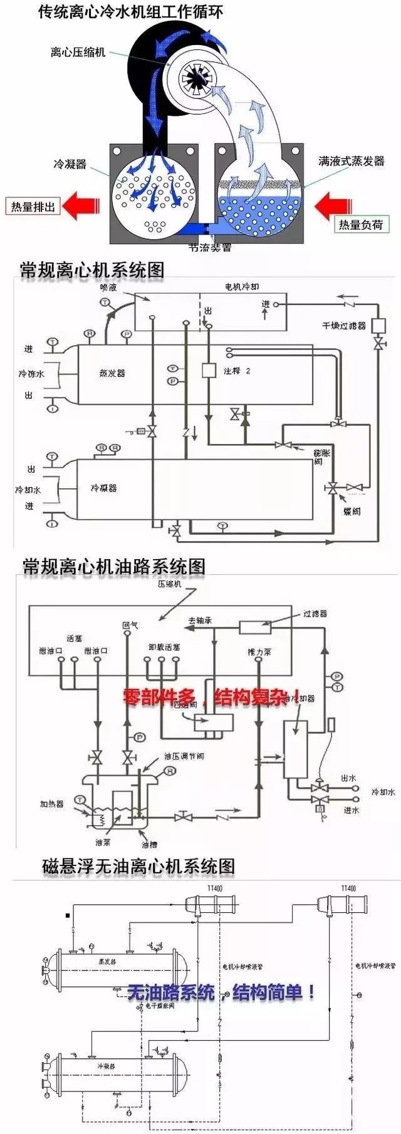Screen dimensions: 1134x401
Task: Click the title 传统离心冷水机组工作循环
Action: pyautogui.click(x=130, y=11)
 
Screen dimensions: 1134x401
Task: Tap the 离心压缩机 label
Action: pyautogui.click(x=78, y=52)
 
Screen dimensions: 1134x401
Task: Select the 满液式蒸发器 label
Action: pyautogui.click(x=351, y=161)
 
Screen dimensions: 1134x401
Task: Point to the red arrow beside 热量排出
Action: pyautogui.click(x=80, y=205)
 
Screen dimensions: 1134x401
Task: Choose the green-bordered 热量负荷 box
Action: pyautogui.click(x=360, y=225)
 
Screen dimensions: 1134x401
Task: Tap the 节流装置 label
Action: pyautogui.click(x=210, y=247)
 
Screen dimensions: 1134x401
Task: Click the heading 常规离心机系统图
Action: pyautogui.click(x=92, y=270)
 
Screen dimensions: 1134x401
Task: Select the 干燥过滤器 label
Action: pyautogui.click(x=344, y=326)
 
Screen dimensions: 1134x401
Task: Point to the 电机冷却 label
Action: pyautogui.click(x=242, y=287)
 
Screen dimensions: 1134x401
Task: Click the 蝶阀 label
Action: pyautogui.click(x=352, y=511)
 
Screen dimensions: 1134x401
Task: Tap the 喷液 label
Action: pyautogui.click(x=108, y=287)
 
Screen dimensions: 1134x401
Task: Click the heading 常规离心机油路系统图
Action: pyautogui.click(x=113, y=567)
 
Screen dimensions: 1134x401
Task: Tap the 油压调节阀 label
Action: pyautogui.click(x=184, y=756)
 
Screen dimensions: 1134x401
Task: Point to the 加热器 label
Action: pyautogui.click(x=52, y=803)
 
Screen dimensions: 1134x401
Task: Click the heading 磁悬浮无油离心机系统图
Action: pyautogui.click(x=138, y=867)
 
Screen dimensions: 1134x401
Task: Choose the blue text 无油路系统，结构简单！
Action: pyautogui.click(x=221, y=992)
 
